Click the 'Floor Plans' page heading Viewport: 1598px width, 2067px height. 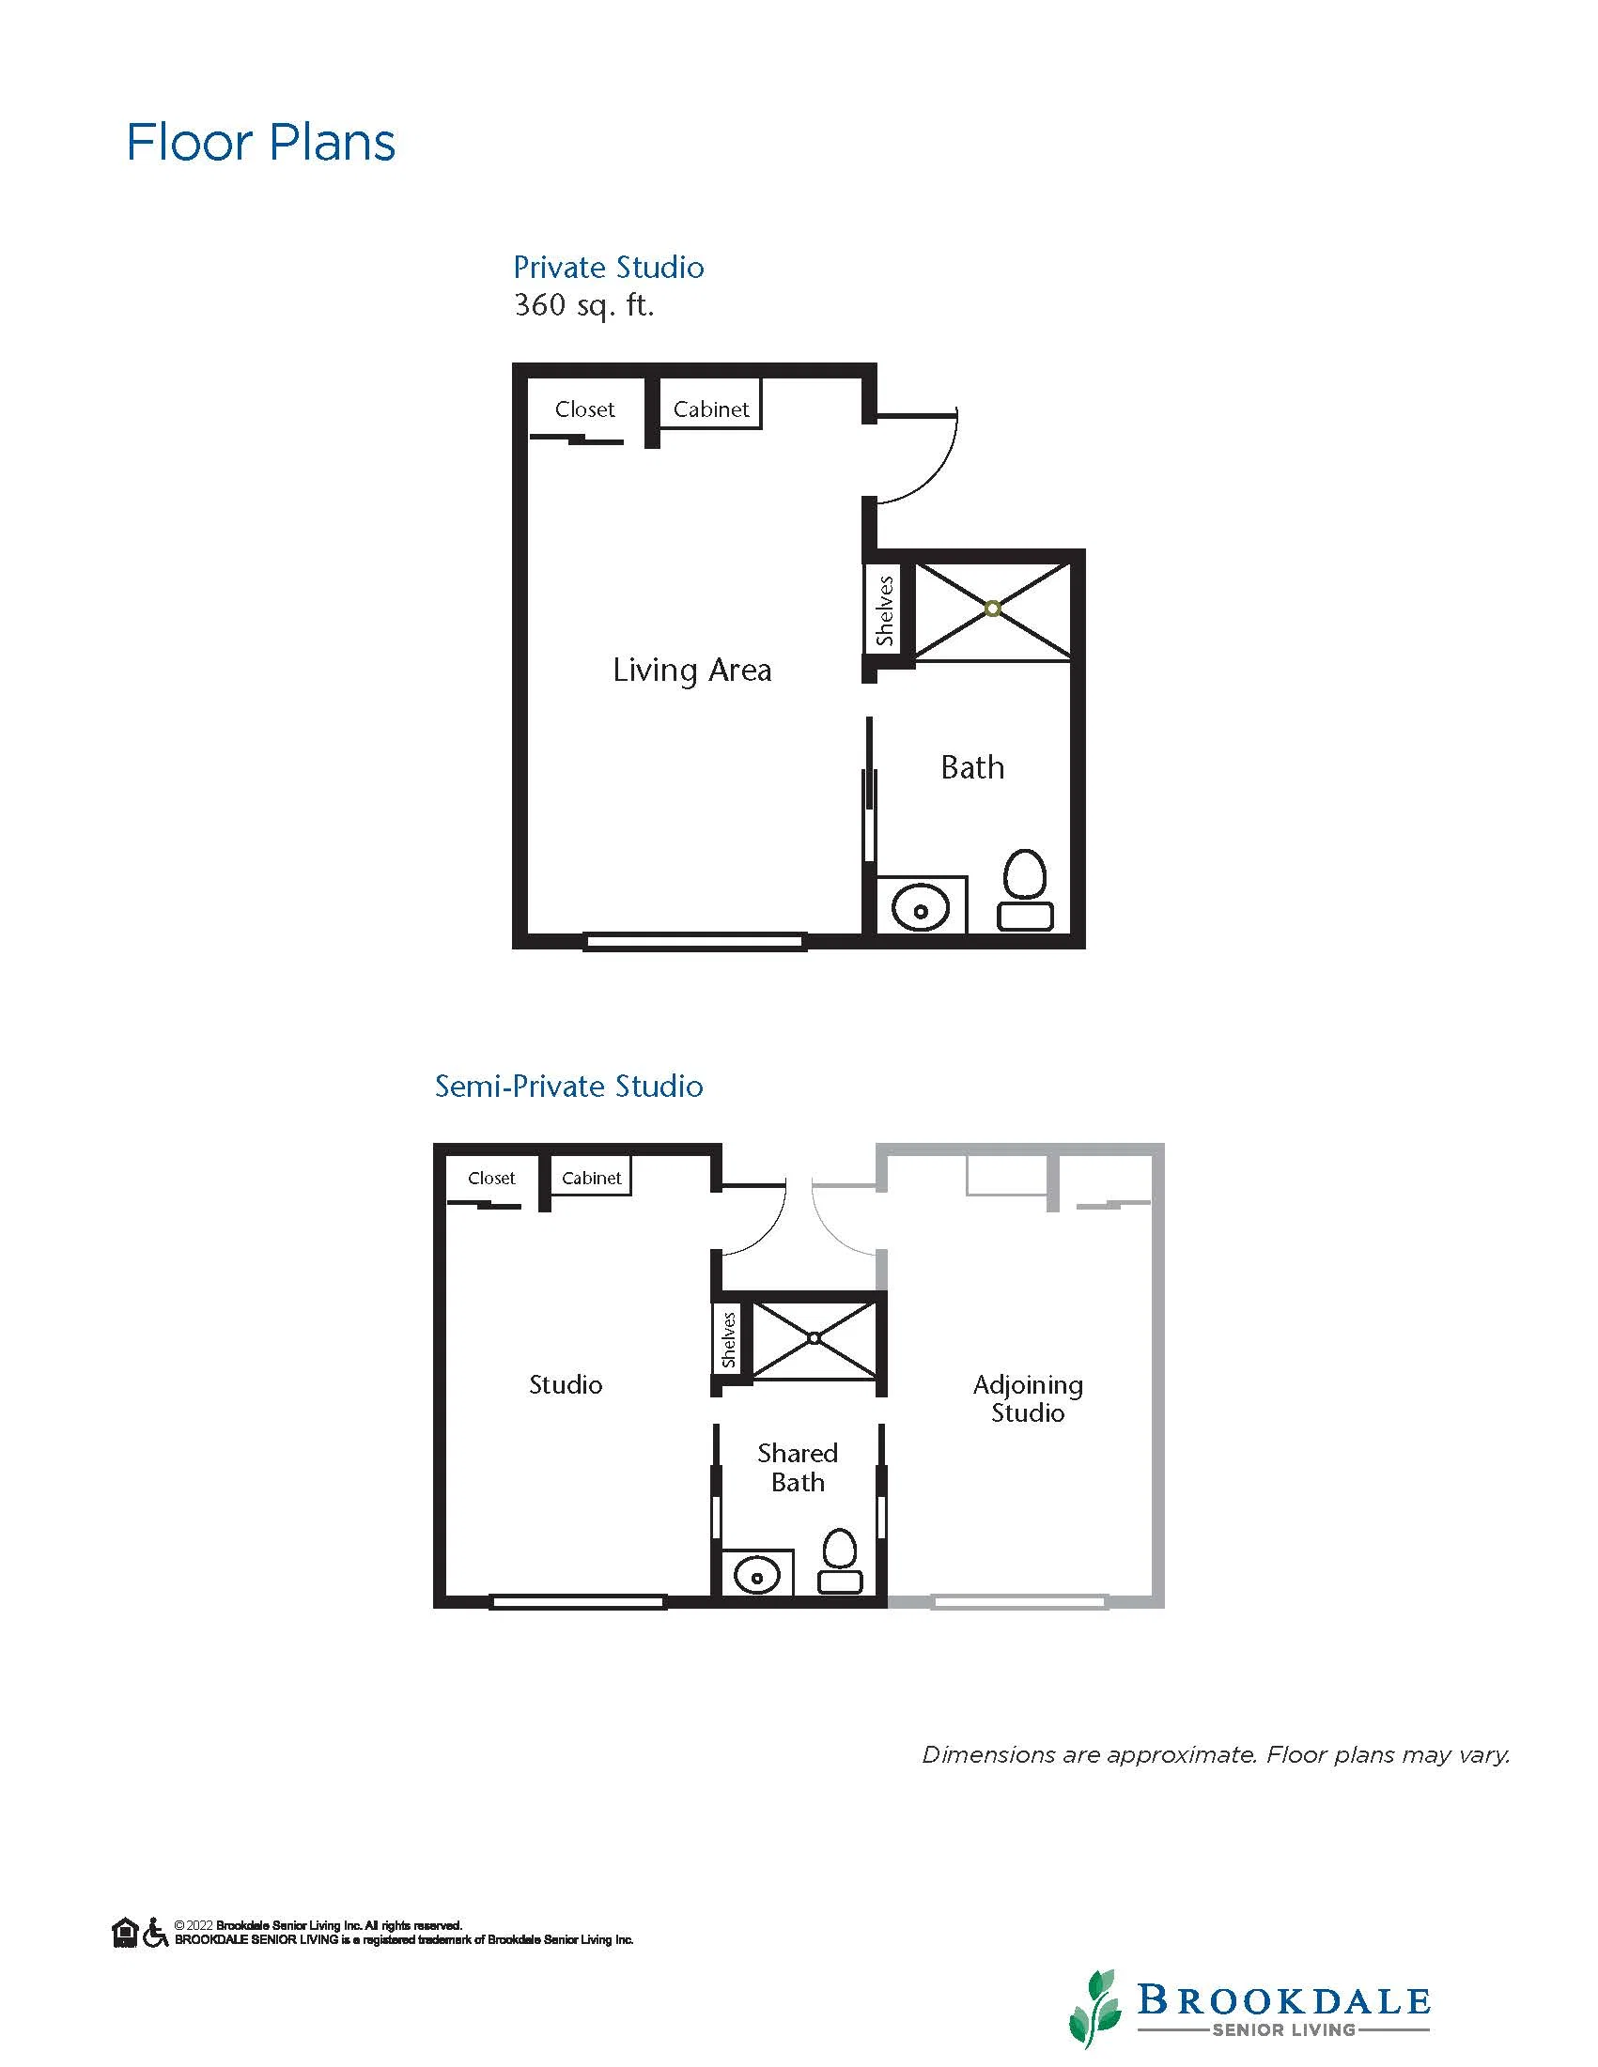point(260,143)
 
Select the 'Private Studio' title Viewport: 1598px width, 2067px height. point(609,268)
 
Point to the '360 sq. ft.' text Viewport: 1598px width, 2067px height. point(584,305)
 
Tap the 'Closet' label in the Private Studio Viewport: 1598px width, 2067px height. point(584,409)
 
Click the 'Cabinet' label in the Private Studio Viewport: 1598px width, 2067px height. point(711,409)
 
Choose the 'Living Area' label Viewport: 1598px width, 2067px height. point(692,671)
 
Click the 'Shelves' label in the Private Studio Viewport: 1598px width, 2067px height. point(885,610)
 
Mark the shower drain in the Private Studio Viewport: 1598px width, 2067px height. point(992,609)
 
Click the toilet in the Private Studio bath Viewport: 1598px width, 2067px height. point(1025,889)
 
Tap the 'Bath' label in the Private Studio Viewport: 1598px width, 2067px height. point(972,766)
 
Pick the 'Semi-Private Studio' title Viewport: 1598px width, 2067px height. point(569,1086)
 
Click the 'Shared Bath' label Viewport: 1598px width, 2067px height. point(798,1467)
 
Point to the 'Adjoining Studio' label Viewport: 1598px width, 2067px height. point(1028,1399)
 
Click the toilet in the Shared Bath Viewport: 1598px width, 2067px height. point(840,1561)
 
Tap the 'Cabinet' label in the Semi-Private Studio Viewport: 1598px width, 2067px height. point(592,1178)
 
